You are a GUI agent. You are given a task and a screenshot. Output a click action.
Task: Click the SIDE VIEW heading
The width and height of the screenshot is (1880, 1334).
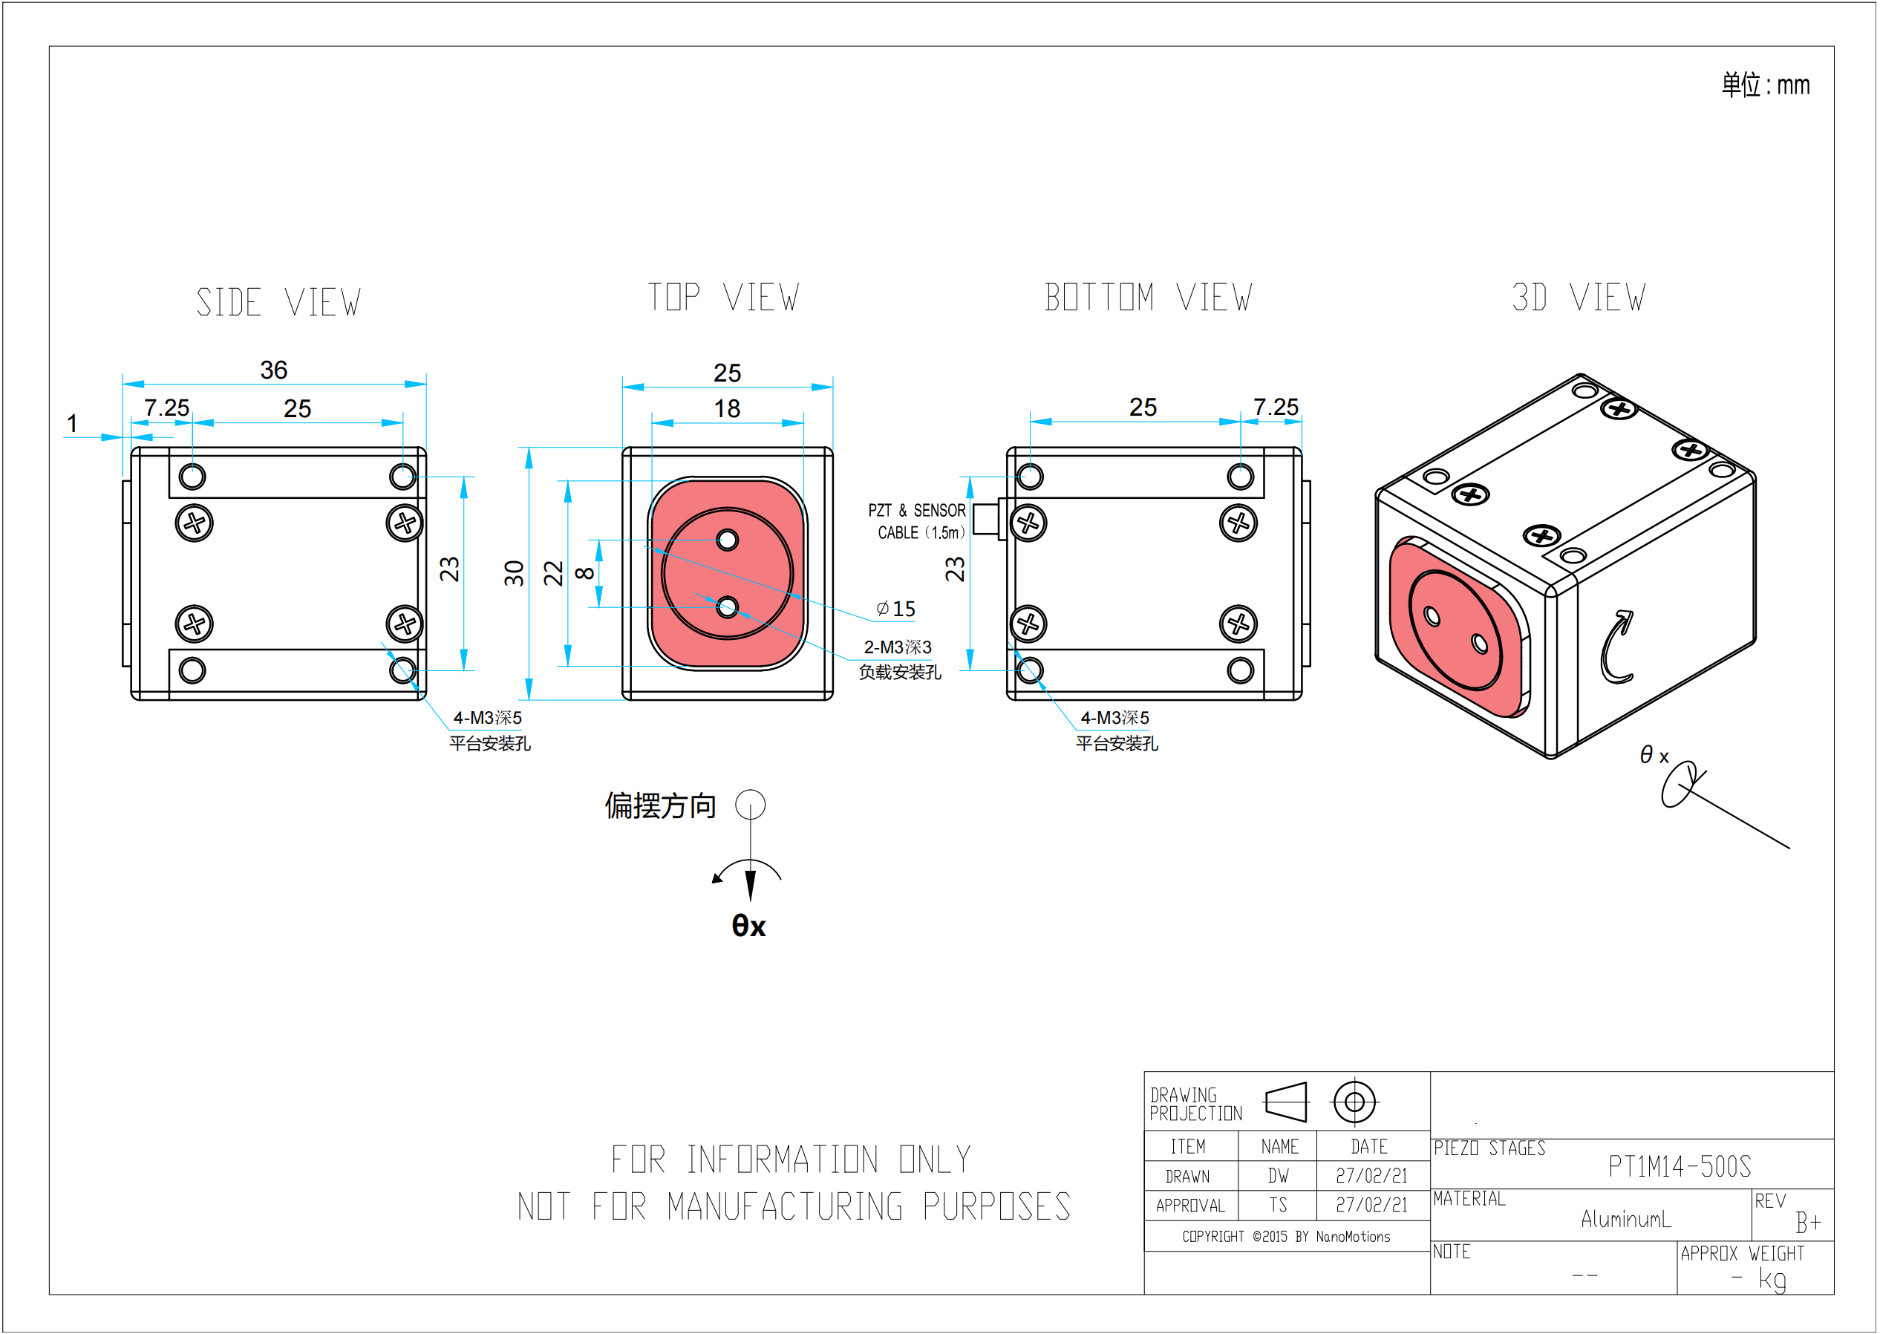pos(278,302)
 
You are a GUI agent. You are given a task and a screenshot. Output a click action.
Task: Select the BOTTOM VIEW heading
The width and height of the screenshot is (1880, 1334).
pos(1148,298)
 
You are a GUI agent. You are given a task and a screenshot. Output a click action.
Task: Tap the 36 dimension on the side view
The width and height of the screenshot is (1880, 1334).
pos(274,370)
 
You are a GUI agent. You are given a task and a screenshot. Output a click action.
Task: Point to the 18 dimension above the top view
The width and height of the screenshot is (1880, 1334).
pos(726,408)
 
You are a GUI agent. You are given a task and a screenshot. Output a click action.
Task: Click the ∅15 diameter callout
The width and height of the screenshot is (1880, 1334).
pos(895,609)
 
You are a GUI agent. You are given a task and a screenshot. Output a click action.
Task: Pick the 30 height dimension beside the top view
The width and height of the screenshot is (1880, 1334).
pos(515,572)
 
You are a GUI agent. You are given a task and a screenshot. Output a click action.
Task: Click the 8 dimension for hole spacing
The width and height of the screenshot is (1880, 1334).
pos(584,572)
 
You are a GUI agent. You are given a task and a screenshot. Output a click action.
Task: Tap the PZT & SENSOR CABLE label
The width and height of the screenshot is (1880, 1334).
pos(918,522)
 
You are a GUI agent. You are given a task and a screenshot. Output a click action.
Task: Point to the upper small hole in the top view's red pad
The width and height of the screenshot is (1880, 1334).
pos(727,540)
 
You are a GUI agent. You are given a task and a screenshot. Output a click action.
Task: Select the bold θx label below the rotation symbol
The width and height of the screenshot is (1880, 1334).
pos(748,926)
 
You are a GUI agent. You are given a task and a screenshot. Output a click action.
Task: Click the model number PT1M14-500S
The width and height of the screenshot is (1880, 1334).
pos(1679,1166)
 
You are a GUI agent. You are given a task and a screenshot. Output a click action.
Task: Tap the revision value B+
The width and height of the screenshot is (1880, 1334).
pos(1808,1223)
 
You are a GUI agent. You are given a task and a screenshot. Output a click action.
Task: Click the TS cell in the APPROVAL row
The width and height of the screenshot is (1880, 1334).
pos(1278,1205)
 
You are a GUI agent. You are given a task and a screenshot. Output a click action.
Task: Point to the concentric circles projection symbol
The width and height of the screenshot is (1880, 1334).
pos(1354,1102)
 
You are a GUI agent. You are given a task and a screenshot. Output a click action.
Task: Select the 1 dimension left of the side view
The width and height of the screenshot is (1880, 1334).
pos(72,424)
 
